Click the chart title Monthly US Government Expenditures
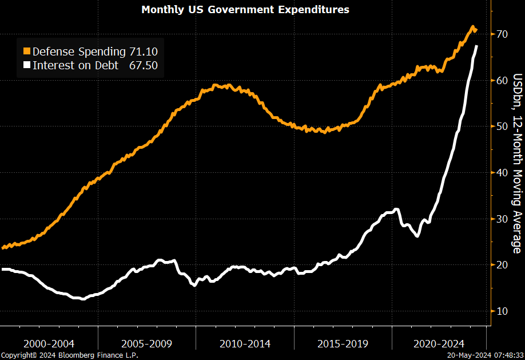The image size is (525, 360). click(x=245, y=10)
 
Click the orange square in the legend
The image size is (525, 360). click(x=27, y=52)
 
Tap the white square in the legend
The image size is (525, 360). click(x=27, y=65)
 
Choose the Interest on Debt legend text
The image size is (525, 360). click(x=75, y=65)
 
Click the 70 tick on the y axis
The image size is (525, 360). click(x=502, y=34)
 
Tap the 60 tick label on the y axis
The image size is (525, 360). click(x=502, y=80)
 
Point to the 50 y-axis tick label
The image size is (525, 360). click(x=502, y=126)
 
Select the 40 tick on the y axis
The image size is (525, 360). click(x=502, y=173)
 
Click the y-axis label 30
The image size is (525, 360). click(x=502, y=219)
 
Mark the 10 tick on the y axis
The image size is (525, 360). click(x=502, y=311)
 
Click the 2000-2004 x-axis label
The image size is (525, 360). click(x=49, y=343)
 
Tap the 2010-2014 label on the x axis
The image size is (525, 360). click(x=245, y=343)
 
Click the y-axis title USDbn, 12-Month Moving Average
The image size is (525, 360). click(x=516, y=163)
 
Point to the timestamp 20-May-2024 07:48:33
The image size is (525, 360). click(x=485, y=355)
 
